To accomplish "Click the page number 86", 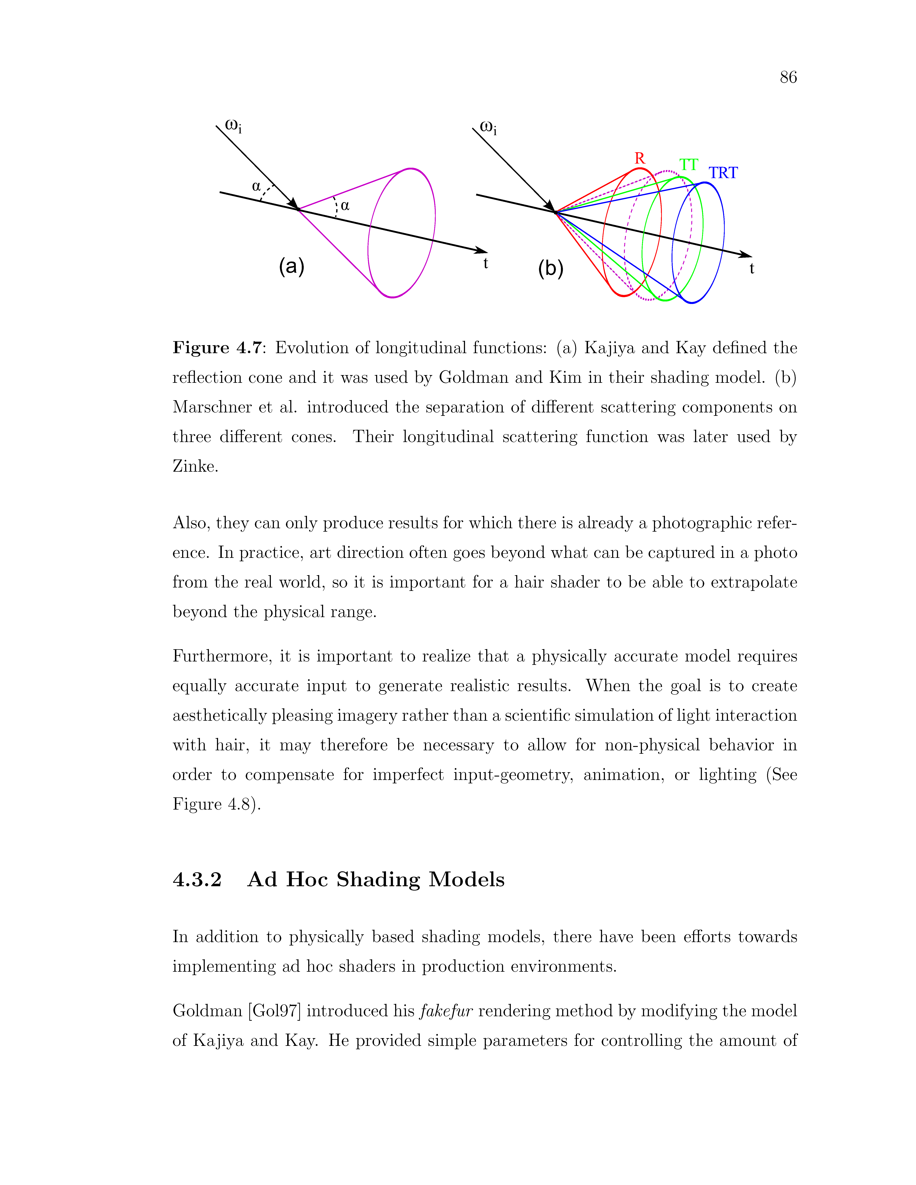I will pos(788,78).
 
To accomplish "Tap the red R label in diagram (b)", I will pos(640,158).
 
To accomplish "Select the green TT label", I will pos(689,165).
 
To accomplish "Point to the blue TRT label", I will pos(723,173).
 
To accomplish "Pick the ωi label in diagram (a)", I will pos(233,126).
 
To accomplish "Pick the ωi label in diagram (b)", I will pos(488,128).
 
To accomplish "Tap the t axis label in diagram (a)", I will pos(486,264).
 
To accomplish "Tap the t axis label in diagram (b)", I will pos(752,269).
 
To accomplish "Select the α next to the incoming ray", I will pos(256,187).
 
